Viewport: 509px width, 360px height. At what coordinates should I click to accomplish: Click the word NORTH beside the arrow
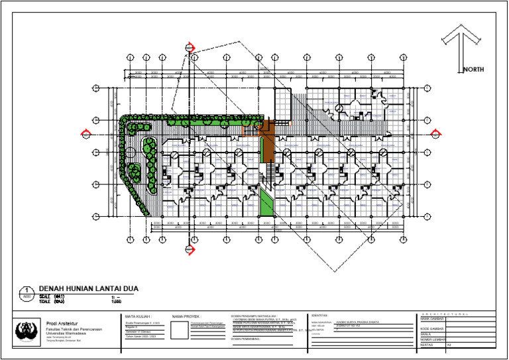point(474,69)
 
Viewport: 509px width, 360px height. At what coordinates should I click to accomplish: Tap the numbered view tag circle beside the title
point(27,291)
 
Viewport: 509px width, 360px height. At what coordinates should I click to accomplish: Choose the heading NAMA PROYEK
point(186,317)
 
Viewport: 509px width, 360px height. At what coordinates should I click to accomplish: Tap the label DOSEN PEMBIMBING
point(247,338)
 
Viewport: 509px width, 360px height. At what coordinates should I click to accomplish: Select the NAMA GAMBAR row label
point(431,319)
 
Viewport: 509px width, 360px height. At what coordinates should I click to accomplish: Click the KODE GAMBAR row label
point(431,328)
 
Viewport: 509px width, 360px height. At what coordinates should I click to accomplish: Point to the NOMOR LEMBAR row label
point(432,339)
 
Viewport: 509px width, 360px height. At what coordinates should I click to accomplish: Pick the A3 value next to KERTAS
point(449,345)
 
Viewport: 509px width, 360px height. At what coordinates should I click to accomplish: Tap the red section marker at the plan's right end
point(435,133)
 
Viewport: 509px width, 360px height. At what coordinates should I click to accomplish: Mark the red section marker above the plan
point(190,47)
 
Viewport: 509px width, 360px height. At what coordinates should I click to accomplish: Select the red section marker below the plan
point(190,250)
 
